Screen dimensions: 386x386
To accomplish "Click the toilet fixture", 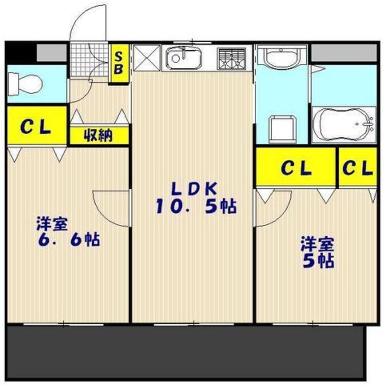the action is point(25,84).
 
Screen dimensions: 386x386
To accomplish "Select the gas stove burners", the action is point(231,59).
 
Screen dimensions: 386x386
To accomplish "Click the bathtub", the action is point(344,125).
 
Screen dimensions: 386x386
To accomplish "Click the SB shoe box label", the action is point(119,63).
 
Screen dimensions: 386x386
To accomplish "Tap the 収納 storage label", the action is point(98,135).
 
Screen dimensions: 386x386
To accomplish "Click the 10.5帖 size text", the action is point(196,206).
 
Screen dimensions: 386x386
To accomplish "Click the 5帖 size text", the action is point(318,261).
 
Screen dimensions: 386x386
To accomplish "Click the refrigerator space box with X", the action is point(146,58).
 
